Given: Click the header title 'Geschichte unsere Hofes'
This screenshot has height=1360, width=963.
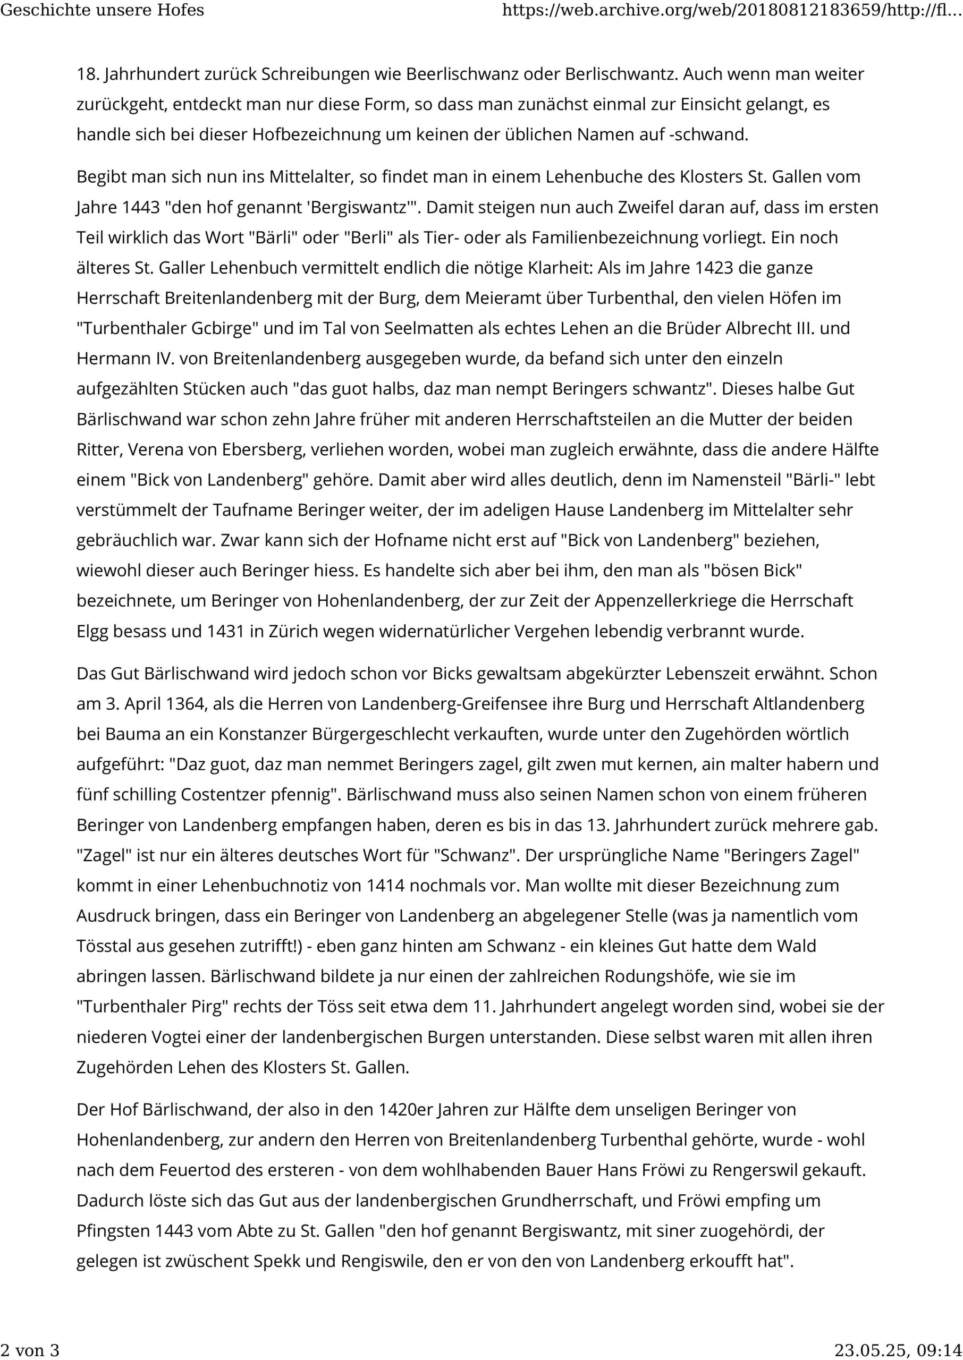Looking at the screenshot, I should pos(103,10).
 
